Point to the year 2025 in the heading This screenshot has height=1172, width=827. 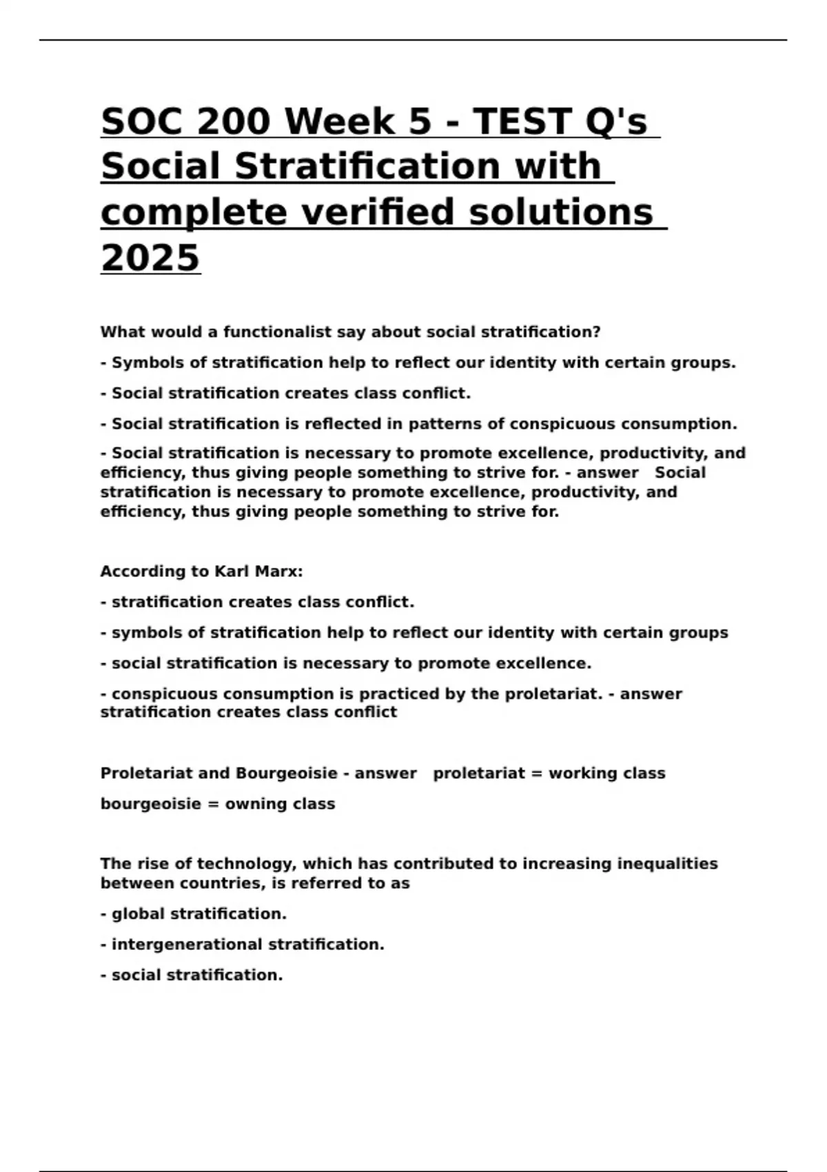(150, 258)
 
